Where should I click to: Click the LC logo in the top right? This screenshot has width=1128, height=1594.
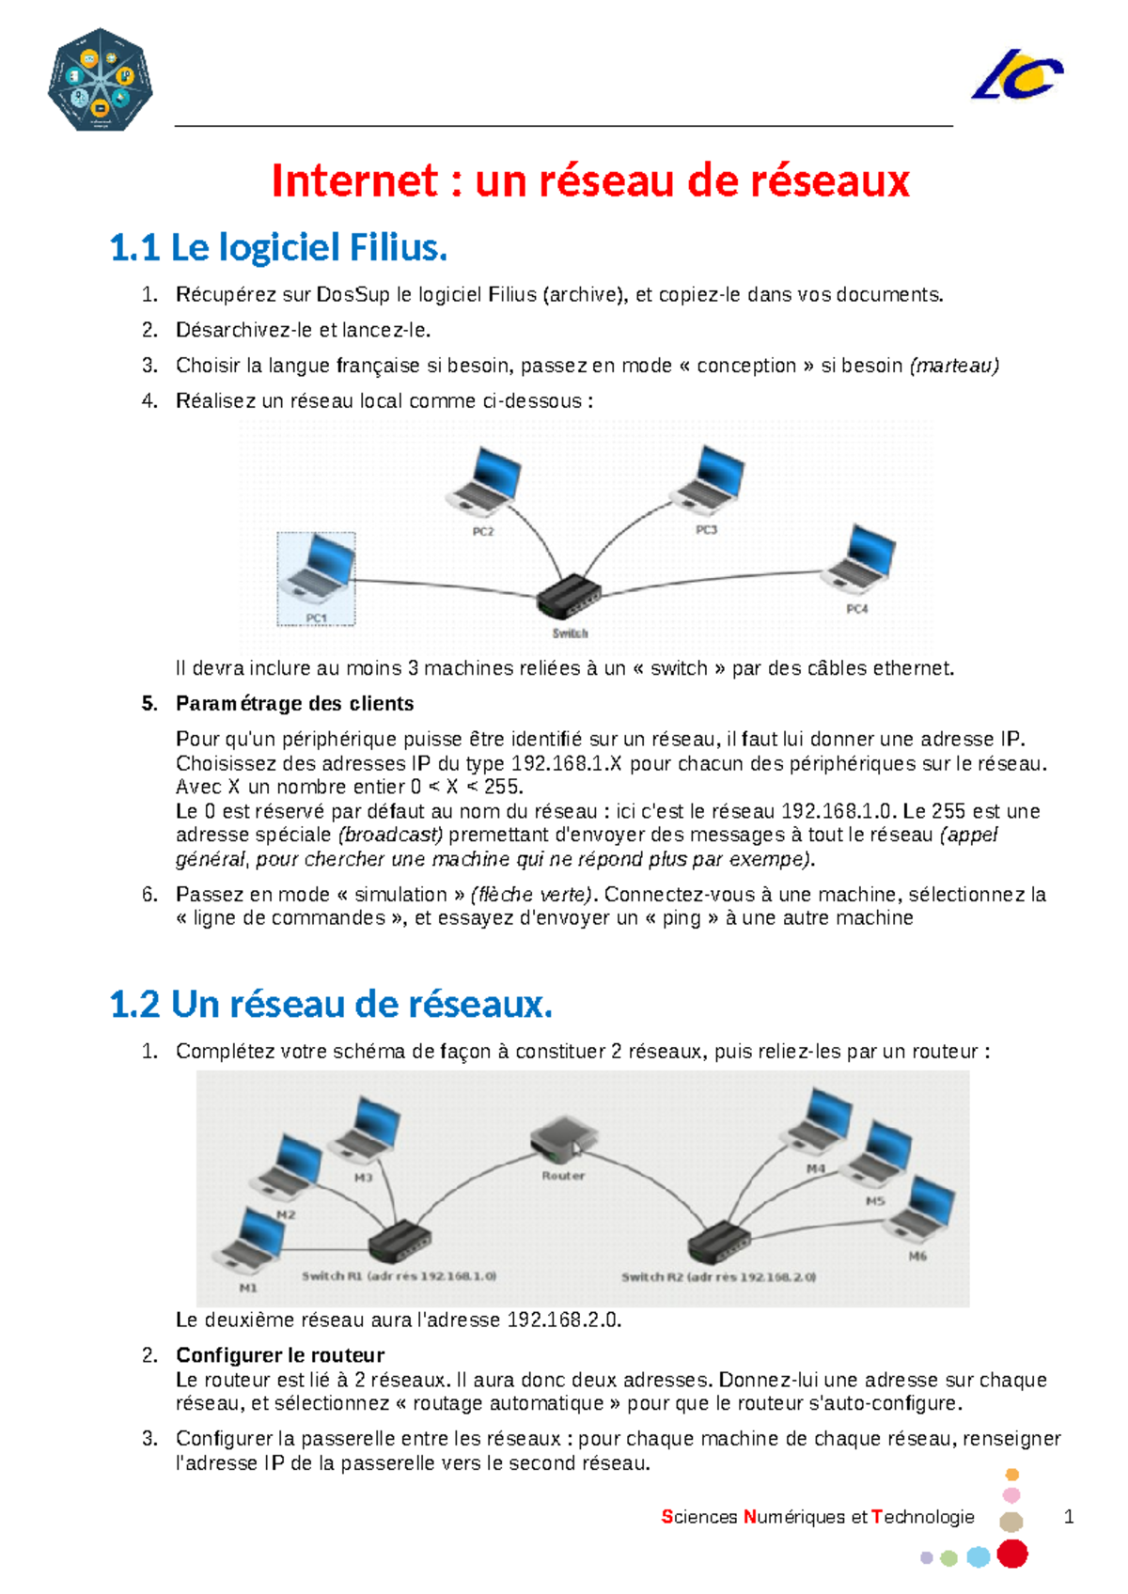tap(1017, 75)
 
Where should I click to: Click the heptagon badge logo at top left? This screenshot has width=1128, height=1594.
tap(100, 80)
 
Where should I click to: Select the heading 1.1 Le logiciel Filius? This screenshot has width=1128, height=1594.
tap(278, 248)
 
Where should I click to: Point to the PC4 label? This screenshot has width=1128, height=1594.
tap(856, 609)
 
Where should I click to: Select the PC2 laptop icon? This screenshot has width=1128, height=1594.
tap(485, 483)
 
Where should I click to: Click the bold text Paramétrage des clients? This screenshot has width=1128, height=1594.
tap(294, 704)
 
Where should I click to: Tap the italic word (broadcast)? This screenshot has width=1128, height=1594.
tap(390, 835)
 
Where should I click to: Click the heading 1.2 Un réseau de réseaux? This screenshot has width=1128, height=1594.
tap(331, 1005)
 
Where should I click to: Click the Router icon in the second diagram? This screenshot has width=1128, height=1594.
tap(562, 1140)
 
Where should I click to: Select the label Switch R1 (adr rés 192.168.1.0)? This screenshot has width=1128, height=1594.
tap(399, 1276)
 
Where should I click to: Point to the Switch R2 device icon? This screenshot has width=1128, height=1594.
tap(719, 1242)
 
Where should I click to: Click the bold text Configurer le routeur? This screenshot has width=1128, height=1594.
tap(280, 1355)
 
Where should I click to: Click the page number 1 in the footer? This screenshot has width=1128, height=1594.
tap(1068, 1516)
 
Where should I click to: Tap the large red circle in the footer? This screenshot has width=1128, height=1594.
tap(1011, 1554)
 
